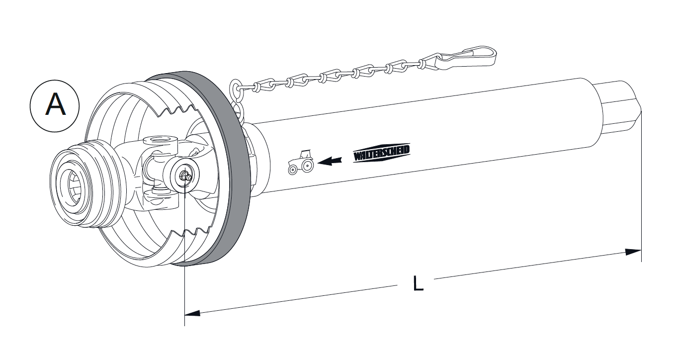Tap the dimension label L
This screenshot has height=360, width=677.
pyautogui.click(x=419, y=283)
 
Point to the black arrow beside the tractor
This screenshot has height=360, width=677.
pyautogui.click(x=331, y=160)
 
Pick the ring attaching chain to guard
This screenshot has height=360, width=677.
pyautogui.click(x=236, y=90)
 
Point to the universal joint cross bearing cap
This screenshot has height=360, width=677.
pyautogui.click(x=184, y=176)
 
